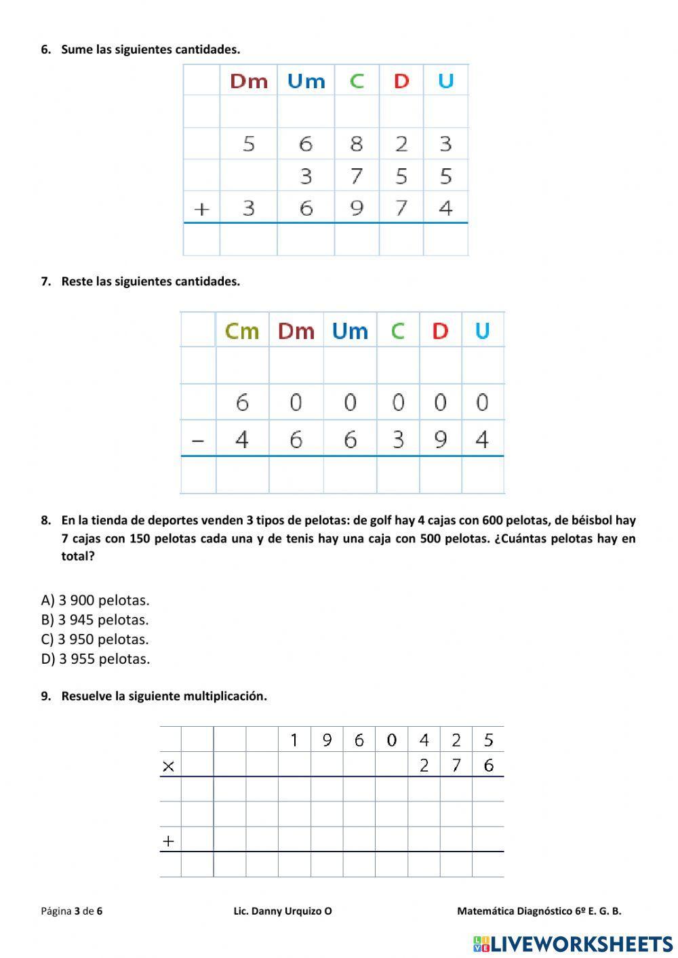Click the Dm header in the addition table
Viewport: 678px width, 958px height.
click(x=249, y=81)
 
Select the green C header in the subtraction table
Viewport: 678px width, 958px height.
click(x=397, y=331)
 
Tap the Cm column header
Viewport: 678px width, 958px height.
click(x=242, y=331)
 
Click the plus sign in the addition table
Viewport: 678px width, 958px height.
click(x=201, y=209)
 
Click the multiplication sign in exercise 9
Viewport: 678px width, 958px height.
click(x=169, y=766)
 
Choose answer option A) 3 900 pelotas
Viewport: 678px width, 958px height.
click(x=95, y=600)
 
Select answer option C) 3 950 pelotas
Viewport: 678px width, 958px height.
click(x=95, y=639)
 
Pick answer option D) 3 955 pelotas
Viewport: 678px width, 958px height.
click(x=96, y=659)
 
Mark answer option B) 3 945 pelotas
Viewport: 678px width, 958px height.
click(x=95, y=620)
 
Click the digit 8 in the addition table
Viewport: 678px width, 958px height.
click(x=357, y=144)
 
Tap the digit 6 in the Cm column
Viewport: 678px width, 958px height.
click(x=242, y=403)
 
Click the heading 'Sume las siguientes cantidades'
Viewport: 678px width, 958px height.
click(x=150, y=49)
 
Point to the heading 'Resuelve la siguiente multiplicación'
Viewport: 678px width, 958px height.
click(x=163, y=696)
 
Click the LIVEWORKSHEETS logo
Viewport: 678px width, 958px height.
click(x=573, y=944)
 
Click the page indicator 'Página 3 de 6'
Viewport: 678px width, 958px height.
click(x=71, y=911)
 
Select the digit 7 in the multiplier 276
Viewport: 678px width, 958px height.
click(x=456, y=766)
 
